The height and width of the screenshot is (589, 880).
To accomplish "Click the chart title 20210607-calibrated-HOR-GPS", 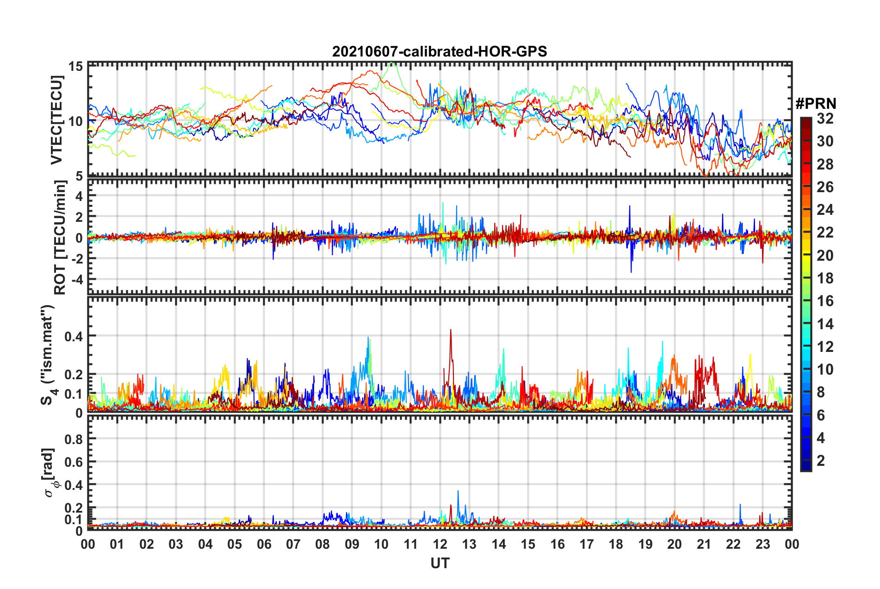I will click(x=440, y=51).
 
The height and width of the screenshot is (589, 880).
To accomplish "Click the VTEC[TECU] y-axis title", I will click(x=56, y=120).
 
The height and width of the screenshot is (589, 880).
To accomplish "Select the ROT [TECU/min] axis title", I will click(x=60, y=238).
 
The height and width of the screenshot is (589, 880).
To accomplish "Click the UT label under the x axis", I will click(x=440, y=563).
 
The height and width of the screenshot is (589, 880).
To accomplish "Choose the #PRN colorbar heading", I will click(x=816, y=104).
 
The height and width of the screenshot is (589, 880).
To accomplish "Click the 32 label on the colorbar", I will click(x=824, y=119).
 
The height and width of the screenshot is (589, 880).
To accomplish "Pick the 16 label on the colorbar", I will click(x=824, y=301).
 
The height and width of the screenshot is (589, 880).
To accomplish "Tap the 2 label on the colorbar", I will click(x=821, y=460).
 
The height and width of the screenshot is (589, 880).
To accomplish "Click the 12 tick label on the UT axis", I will click(x=440, y=544).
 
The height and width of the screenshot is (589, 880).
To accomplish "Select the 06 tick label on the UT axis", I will click(x=264, y=544).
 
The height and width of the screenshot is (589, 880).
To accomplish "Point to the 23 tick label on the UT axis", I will click(x=762, y=544).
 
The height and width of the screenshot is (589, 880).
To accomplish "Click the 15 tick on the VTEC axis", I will click(x=76, y=66).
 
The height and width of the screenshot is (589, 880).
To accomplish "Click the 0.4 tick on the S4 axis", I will click(x=74, y=336).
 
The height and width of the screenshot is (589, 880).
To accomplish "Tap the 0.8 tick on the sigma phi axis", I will click(x=74, y=439).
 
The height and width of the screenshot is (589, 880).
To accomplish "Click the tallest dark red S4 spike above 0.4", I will click(x=451, y=330).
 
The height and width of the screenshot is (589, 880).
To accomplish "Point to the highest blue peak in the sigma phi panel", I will click(x=458, y=491).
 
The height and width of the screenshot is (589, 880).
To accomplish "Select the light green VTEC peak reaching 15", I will click(x=392, y=63).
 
